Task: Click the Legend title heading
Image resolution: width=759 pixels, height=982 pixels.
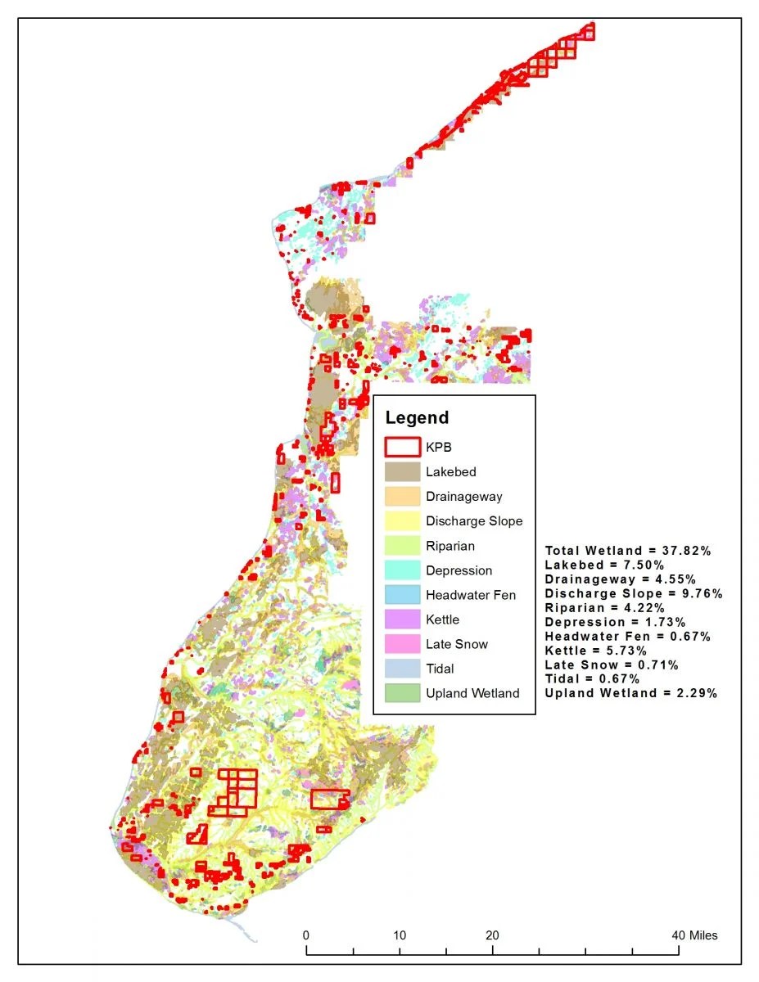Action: pos(417,418)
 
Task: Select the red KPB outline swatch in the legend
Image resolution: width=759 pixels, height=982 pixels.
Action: pos(402,448)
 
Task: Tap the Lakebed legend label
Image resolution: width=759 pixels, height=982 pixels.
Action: pos(450,472)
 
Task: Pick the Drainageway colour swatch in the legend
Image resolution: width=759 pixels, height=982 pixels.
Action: pos(402,497)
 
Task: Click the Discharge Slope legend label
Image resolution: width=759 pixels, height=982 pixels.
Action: pos(473,521)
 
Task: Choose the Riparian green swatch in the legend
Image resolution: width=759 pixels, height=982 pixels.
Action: pos(402,546)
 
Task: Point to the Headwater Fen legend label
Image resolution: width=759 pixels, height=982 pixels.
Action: pos(470,595)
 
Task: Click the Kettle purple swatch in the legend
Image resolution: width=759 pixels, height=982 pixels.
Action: pos(402,619)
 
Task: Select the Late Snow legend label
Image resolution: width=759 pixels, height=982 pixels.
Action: pos(456,644)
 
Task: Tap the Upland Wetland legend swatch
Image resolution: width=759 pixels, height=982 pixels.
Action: pos(402,693)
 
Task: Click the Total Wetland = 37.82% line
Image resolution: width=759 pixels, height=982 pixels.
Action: pos(627,551)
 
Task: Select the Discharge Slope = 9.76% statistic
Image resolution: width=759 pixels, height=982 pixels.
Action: pos(633,593)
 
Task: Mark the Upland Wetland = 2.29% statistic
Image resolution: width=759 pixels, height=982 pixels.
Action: pos(630,693)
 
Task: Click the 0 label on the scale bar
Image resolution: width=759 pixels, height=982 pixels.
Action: pos(306,935)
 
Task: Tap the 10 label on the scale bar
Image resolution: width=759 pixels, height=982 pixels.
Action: pos(400,935)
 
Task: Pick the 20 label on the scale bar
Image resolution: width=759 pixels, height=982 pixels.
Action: pos(492,935)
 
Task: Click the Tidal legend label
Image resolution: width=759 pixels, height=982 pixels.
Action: pos(442,669)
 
